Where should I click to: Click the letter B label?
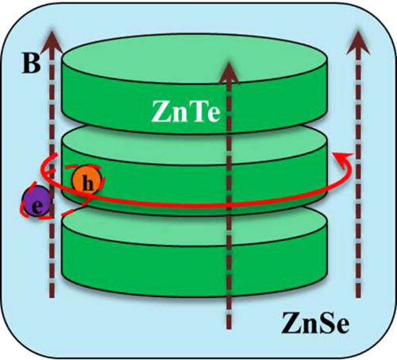click(x=29, y=63)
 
